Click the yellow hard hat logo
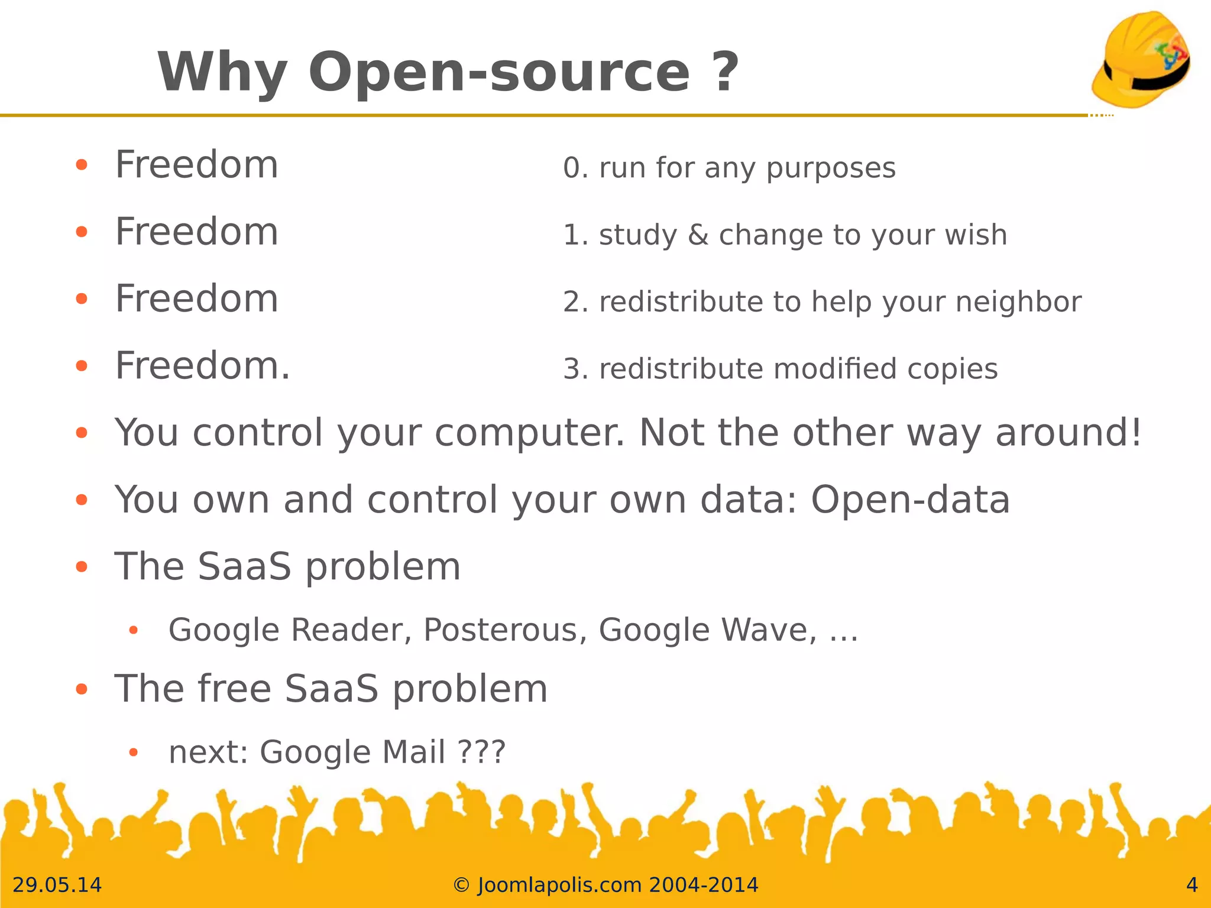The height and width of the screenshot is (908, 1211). [x=1141, y=59]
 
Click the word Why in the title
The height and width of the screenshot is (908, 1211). [x=222, y=72]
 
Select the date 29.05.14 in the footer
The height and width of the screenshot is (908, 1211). [x=57, y=885]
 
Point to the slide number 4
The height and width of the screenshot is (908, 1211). [x=1191, y=885]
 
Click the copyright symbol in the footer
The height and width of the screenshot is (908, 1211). [x=461, y=886]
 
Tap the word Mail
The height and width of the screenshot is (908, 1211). [x=414, y=752]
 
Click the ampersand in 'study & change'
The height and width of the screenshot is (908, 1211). [x=698, y=235]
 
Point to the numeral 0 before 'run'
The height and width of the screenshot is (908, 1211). [x=572, y=168]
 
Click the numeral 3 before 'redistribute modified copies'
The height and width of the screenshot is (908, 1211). [x=572, y=369]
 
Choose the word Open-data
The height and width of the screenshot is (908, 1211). [x=910, y=500]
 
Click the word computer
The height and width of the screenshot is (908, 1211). [x=529, y=433]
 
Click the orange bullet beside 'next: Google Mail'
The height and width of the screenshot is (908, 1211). [x=134, y=753]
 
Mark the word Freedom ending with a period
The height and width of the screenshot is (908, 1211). [x=202, y=366]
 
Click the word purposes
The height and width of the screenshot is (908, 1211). [x=831, y=170]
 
